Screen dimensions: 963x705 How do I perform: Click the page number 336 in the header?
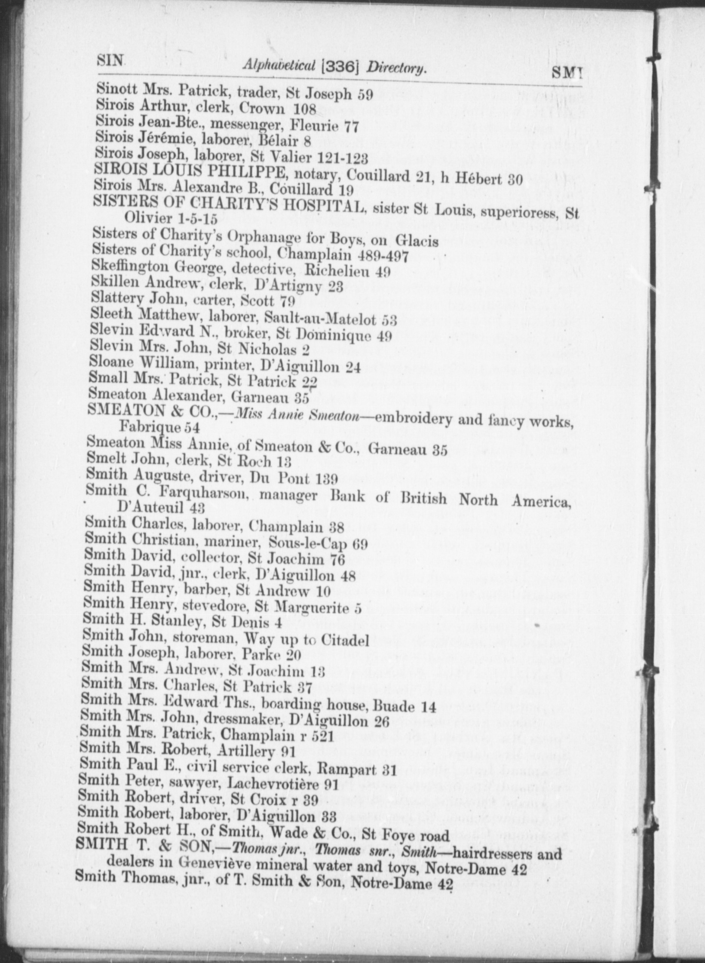[x=340, y=65]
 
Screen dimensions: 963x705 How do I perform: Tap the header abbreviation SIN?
[x=110, y=60]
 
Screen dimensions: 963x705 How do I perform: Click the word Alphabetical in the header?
[x=279, y=64]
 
